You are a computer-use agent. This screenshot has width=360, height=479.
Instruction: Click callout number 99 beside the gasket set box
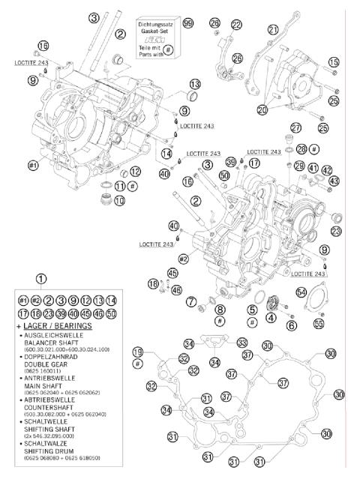click(188, 24)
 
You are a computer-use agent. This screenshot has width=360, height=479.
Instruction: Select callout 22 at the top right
click(237, 25)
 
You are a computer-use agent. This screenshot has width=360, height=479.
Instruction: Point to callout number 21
click(274, 29)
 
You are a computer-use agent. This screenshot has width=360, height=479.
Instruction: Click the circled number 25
click(322, 128)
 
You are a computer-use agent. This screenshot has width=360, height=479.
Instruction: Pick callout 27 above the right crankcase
click(296, 127)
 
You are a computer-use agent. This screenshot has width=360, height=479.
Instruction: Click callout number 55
click(318, 324)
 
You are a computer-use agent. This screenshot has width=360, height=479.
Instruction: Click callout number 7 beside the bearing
click(192, 301)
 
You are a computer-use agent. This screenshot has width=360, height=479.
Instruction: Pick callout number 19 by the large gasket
click(137, 352)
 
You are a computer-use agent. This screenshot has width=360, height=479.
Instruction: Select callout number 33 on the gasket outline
click(242, 343)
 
